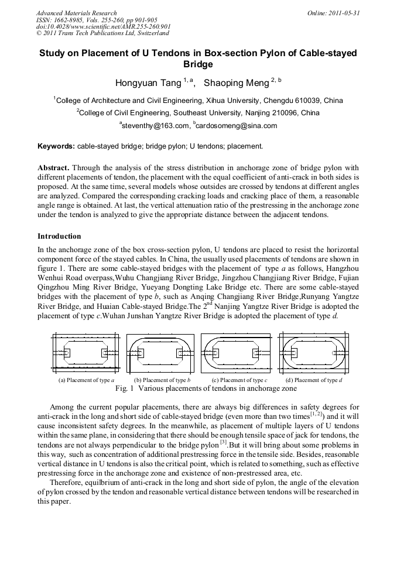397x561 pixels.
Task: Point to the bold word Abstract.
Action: (53, 167)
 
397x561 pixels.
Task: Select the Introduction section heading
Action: (59, 236)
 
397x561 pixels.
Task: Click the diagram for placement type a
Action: (86, 354)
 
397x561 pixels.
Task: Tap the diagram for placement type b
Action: (160, 354)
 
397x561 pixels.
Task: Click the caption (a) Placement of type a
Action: (86, 380)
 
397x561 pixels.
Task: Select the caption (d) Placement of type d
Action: (314, 380)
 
